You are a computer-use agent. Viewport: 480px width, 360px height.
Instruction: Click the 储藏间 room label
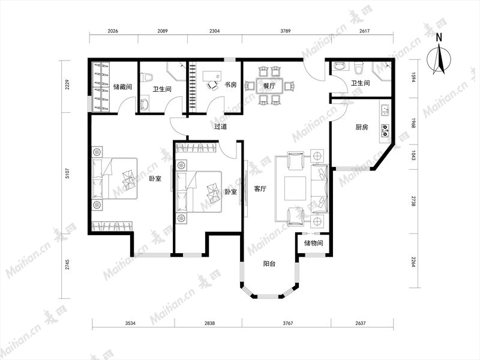pos(122,87)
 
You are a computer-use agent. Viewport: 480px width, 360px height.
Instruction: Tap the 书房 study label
pos(230,85)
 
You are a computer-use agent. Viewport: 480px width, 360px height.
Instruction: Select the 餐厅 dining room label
pos(269,86)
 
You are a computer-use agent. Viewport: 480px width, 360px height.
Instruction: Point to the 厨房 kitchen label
pos(362,127)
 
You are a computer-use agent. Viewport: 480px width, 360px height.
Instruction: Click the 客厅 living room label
pos(260,189)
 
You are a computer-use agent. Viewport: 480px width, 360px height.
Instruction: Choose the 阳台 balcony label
pos(269,263)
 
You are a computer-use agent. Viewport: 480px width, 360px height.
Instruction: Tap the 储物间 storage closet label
pos(313,243)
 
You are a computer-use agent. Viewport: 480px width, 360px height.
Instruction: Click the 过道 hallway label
pos(220,127)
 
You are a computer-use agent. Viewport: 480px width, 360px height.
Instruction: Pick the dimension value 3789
pos(286,31)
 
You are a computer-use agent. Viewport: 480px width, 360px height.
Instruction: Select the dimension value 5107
pos(67,173)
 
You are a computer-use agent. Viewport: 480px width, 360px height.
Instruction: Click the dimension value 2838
pos(209,323)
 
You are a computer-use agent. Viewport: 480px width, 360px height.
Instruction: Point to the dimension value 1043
pos(413,155)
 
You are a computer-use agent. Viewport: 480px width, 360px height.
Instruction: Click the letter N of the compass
pos(439,37)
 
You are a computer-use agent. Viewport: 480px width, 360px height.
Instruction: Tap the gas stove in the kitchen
pos(385,130)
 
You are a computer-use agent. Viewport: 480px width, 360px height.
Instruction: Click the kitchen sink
pos(385,110)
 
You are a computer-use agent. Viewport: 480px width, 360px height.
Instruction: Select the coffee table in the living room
pos(295,188)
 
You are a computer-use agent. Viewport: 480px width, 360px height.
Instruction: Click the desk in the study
pos(212,76)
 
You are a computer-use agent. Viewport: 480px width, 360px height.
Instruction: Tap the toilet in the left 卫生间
pos(147,77)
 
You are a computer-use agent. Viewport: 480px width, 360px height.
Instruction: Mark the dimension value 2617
pos(364,31)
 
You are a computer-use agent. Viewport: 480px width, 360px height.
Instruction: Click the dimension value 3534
pos(130,323)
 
